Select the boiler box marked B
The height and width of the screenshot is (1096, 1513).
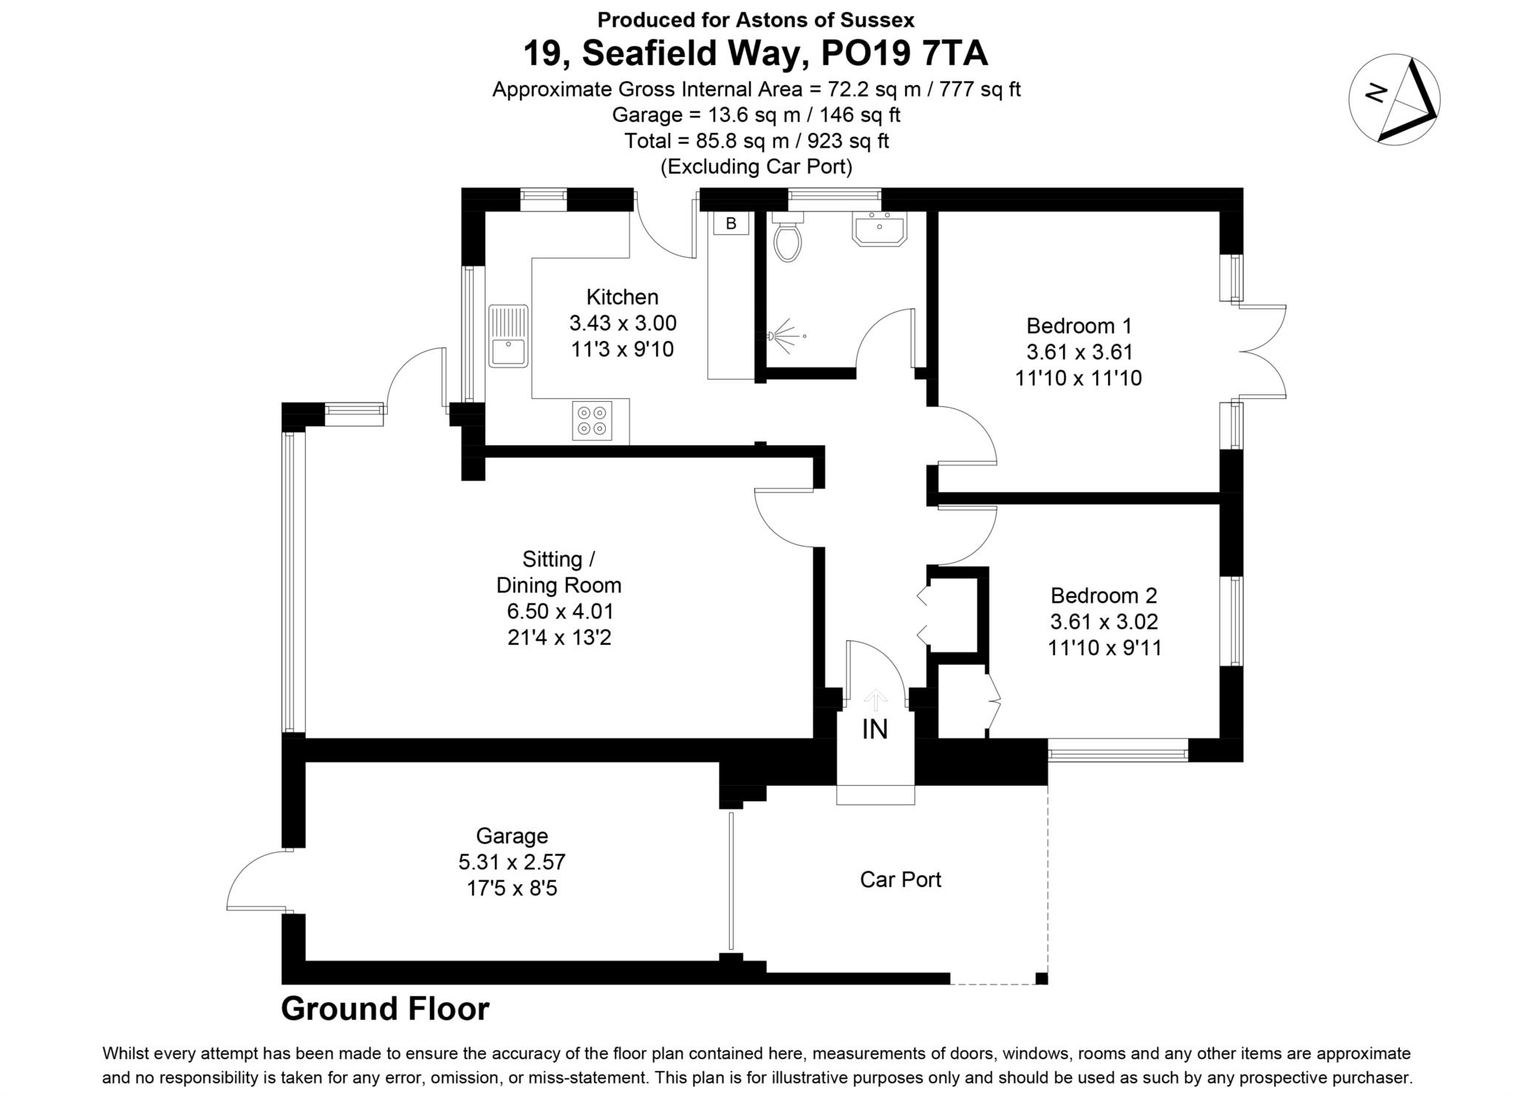(731, 224)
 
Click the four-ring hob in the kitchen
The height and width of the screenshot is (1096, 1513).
(592, 420)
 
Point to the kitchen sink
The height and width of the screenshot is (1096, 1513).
(508, 336)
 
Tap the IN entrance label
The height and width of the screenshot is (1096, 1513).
(875, 730)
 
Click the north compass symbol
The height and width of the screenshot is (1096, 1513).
(1393, 98)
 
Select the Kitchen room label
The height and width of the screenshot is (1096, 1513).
(622, 297)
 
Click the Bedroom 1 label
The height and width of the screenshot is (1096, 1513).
(1079, 326)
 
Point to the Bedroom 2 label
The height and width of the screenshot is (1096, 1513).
(1104, 595)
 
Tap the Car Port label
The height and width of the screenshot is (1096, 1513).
(901, 880)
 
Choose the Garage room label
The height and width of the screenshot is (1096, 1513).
(511, 836)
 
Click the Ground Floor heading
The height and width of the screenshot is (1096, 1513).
(385, 1009)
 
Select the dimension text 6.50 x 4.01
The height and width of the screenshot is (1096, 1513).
(560, 612)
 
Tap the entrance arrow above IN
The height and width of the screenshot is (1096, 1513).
(875, 699)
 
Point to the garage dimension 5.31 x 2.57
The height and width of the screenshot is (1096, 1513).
(511, 862)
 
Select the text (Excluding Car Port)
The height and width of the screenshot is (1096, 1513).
(756, 167)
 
